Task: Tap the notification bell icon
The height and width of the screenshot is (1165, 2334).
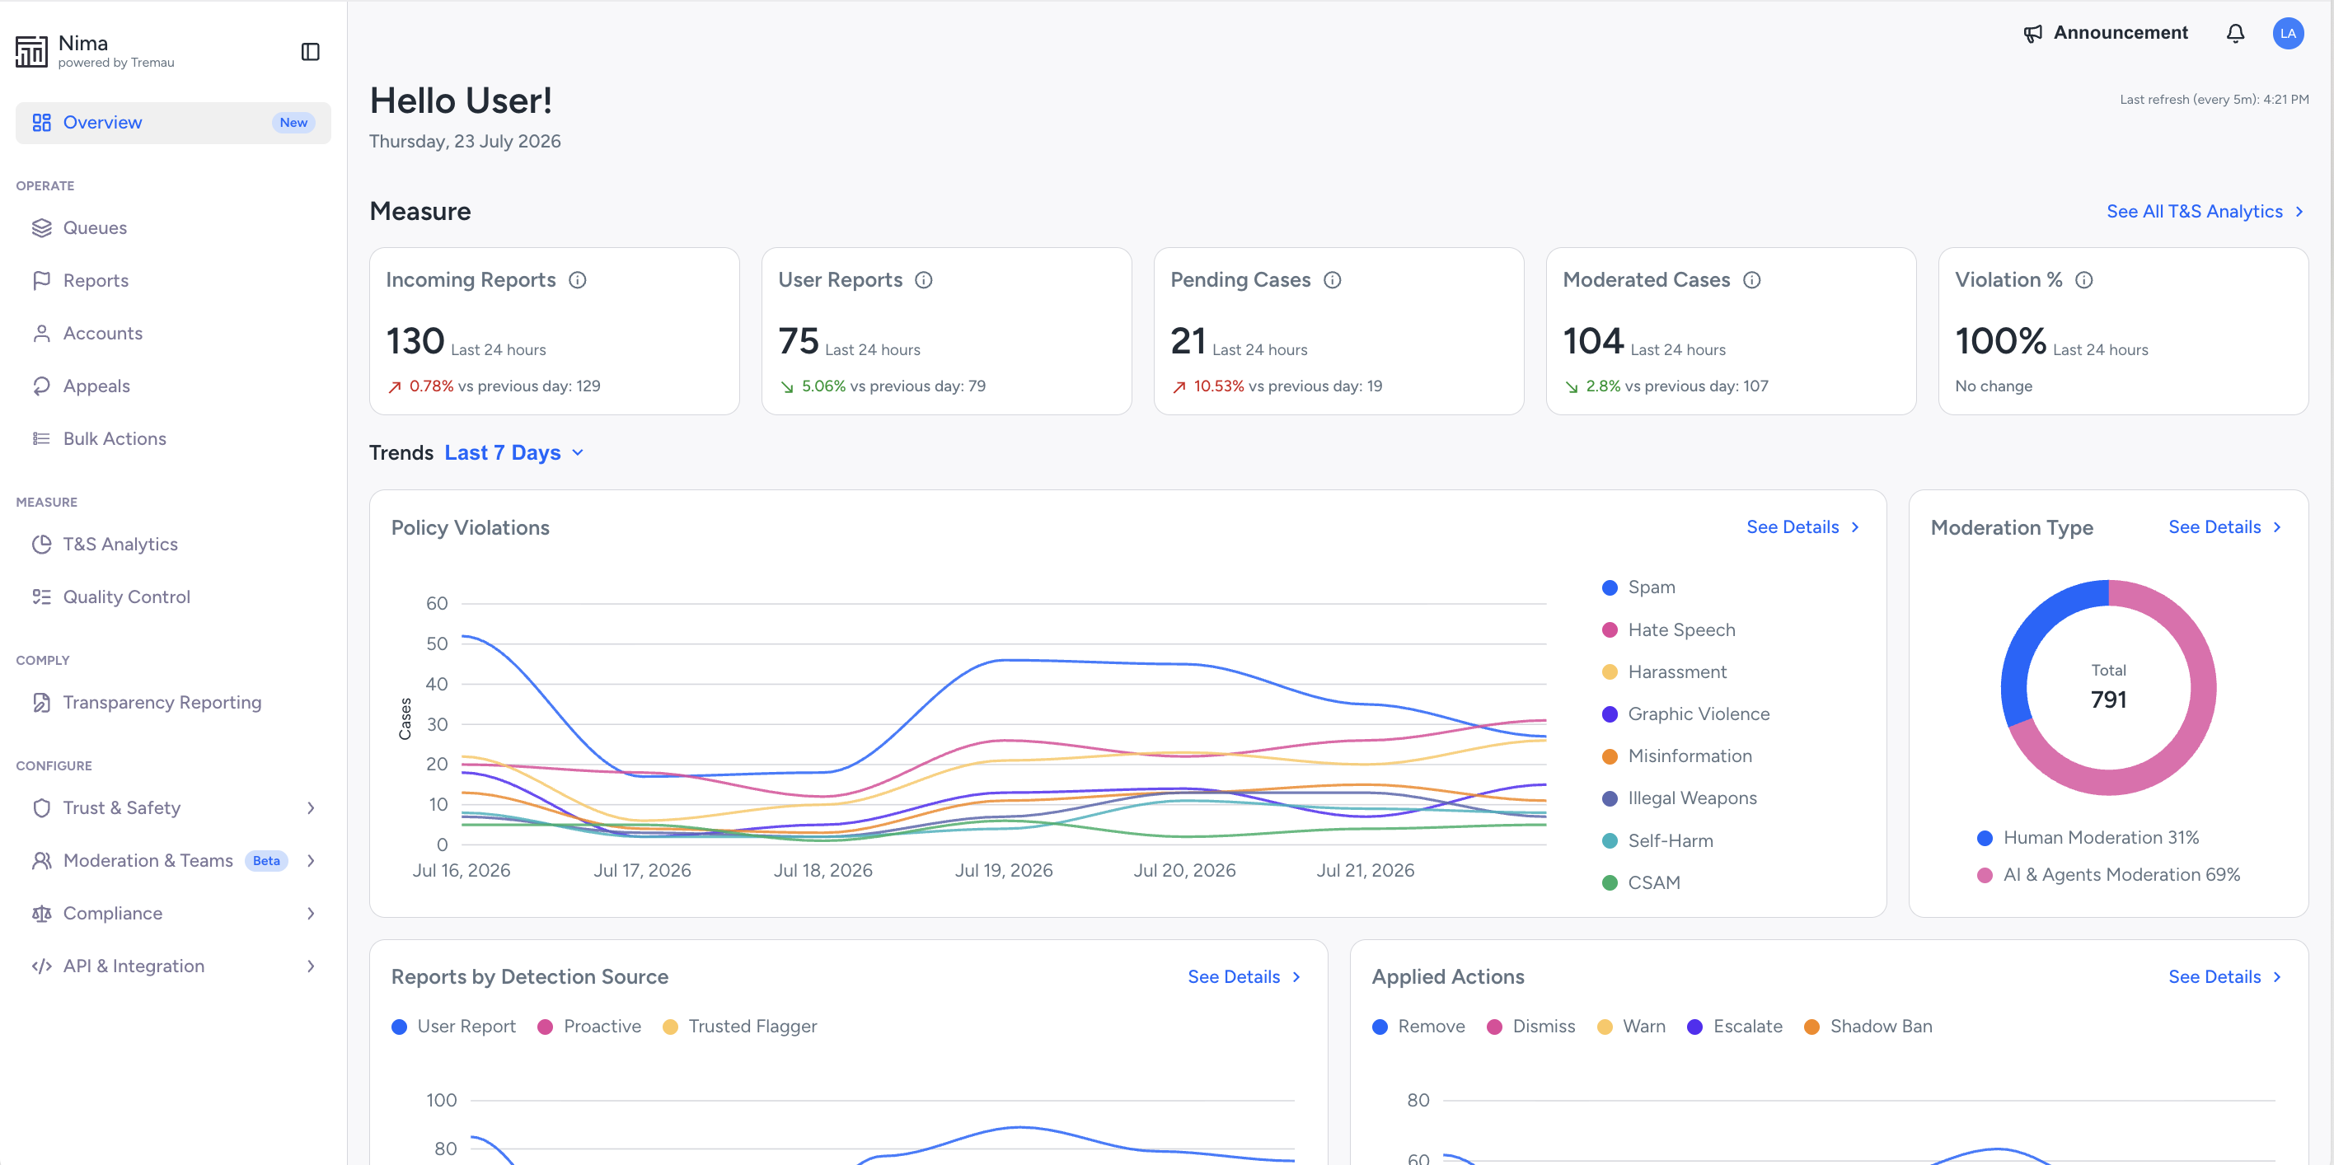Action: pos(2235,34)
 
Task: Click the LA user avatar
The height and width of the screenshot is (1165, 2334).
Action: pos(2288,34)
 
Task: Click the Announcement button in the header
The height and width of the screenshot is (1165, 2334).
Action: pos(2106,34)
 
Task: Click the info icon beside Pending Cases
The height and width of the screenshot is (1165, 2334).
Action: pos(1332,280)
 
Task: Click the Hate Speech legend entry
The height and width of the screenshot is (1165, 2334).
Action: pos(1669,629)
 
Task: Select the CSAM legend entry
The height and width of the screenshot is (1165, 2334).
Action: pos(1641,882)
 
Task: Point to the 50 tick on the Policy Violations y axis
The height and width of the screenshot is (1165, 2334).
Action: pos(437,644)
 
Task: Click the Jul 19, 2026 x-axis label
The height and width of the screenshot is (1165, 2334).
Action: pos(1004,871)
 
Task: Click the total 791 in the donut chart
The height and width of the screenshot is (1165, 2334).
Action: pos(2108,699)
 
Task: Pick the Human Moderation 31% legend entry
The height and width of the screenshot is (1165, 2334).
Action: pos(2088,838)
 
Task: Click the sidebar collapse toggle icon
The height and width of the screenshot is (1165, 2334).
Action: pos(310,52)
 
